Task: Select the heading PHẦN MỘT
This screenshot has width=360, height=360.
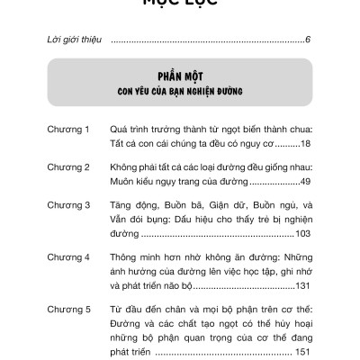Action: [x=180, y=76]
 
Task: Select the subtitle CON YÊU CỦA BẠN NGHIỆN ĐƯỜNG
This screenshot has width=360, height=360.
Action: [x=180, y=92]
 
